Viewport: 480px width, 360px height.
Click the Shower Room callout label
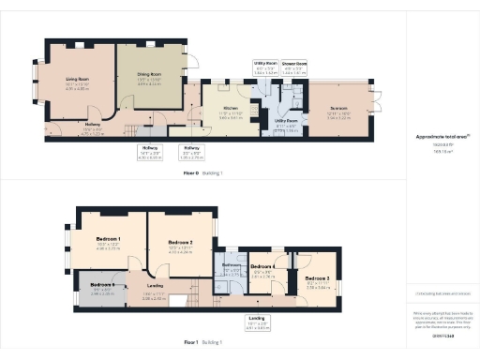pyautogui.click(x=294, y=67)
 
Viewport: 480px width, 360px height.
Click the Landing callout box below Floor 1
pyautogui.click(x=256, y=323)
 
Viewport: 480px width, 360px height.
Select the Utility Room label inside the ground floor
pyautogui.click(x=285, y=123)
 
